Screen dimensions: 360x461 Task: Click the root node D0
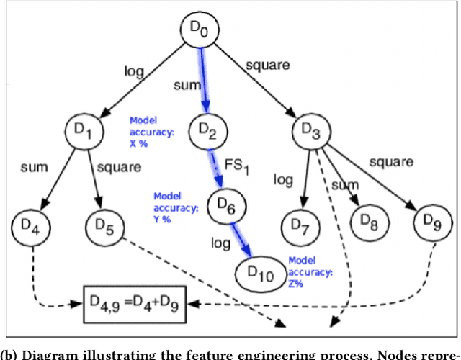tap(198, 30)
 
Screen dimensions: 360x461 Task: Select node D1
tap(86, 131)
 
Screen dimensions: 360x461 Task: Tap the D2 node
tap(207, 131)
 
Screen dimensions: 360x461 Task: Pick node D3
tap(313, 131)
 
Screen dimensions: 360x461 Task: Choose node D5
tap(107, 229)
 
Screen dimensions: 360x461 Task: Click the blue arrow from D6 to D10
tap(242, 240)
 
